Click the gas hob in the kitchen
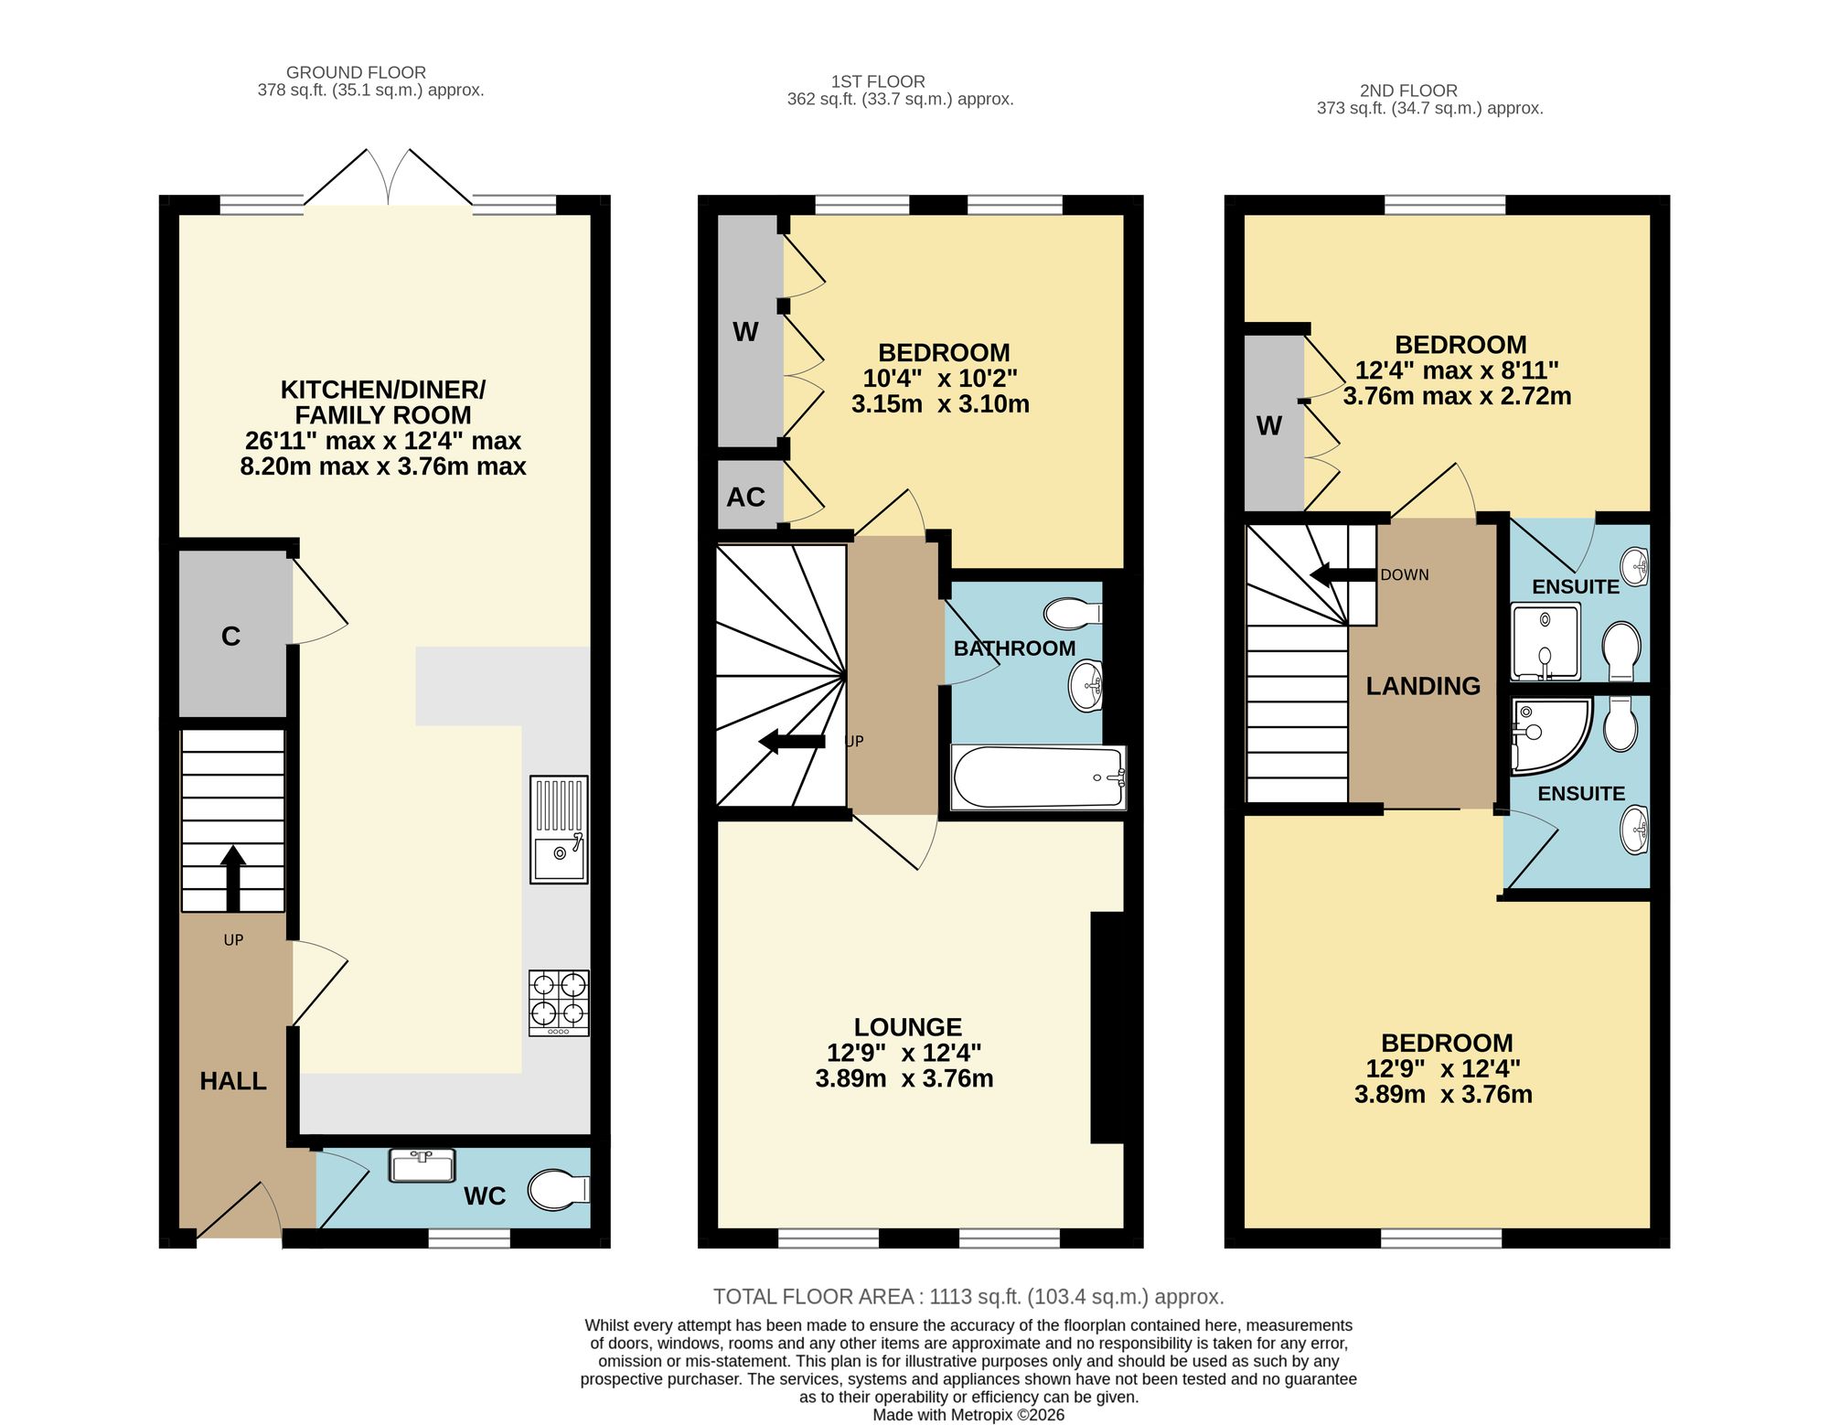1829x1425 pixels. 559,1003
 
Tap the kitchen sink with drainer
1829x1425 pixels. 559,830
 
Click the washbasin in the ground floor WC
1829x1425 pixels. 422,1166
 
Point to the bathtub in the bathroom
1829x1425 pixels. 1039,778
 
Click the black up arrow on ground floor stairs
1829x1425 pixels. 233,879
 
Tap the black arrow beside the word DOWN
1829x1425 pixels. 1342,575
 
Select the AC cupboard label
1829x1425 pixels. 745,498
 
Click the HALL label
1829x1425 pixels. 233,1081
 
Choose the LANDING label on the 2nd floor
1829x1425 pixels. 1423,686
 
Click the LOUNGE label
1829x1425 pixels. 908,1027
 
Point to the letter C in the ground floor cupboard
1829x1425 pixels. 230,637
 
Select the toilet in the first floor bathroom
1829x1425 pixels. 1074,614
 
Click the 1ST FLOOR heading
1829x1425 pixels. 878,81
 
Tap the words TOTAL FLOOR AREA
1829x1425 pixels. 813,1297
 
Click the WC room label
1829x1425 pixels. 485,1196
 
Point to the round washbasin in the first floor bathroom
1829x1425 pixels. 1086,686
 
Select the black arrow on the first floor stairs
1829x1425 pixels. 792,742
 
